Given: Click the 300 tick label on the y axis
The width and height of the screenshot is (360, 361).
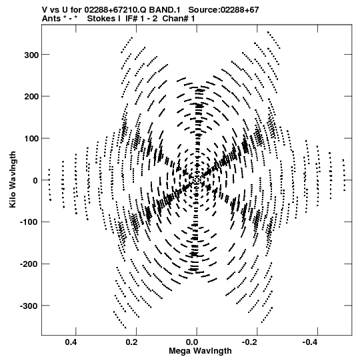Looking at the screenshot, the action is coord(31,55).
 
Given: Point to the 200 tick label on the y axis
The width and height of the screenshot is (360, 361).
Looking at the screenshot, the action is coord(31,97).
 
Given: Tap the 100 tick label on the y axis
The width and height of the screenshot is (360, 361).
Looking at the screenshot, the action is coord(31,138).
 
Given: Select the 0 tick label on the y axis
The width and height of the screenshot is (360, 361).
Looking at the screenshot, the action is coord(35,180).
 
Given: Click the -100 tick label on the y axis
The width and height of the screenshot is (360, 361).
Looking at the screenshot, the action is coord(29,222).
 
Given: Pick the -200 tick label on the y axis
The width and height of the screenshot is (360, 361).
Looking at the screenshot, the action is coord(29,264).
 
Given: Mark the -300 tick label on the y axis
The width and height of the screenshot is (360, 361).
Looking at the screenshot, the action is coord(29,306).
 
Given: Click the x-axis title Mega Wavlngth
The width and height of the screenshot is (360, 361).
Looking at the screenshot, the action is coord(200,351).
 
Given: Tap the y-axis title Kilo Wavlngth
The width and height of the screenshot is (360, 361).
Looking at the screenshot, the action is coord(13,179).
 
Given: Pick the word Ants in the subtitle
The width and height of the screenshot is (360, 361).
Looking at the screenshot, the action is coord(51,19).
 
